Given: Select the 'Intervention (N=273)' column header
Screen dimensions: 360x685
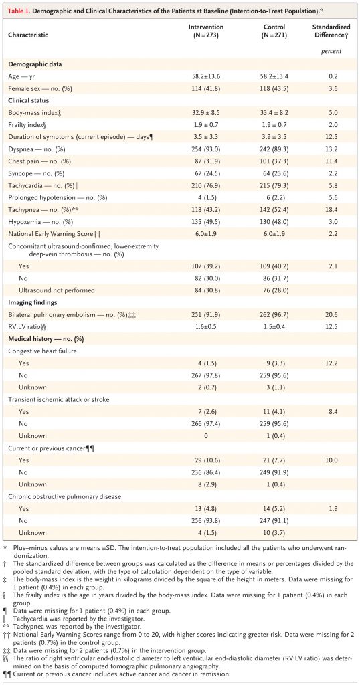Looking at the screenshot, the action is coord(206,30).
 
